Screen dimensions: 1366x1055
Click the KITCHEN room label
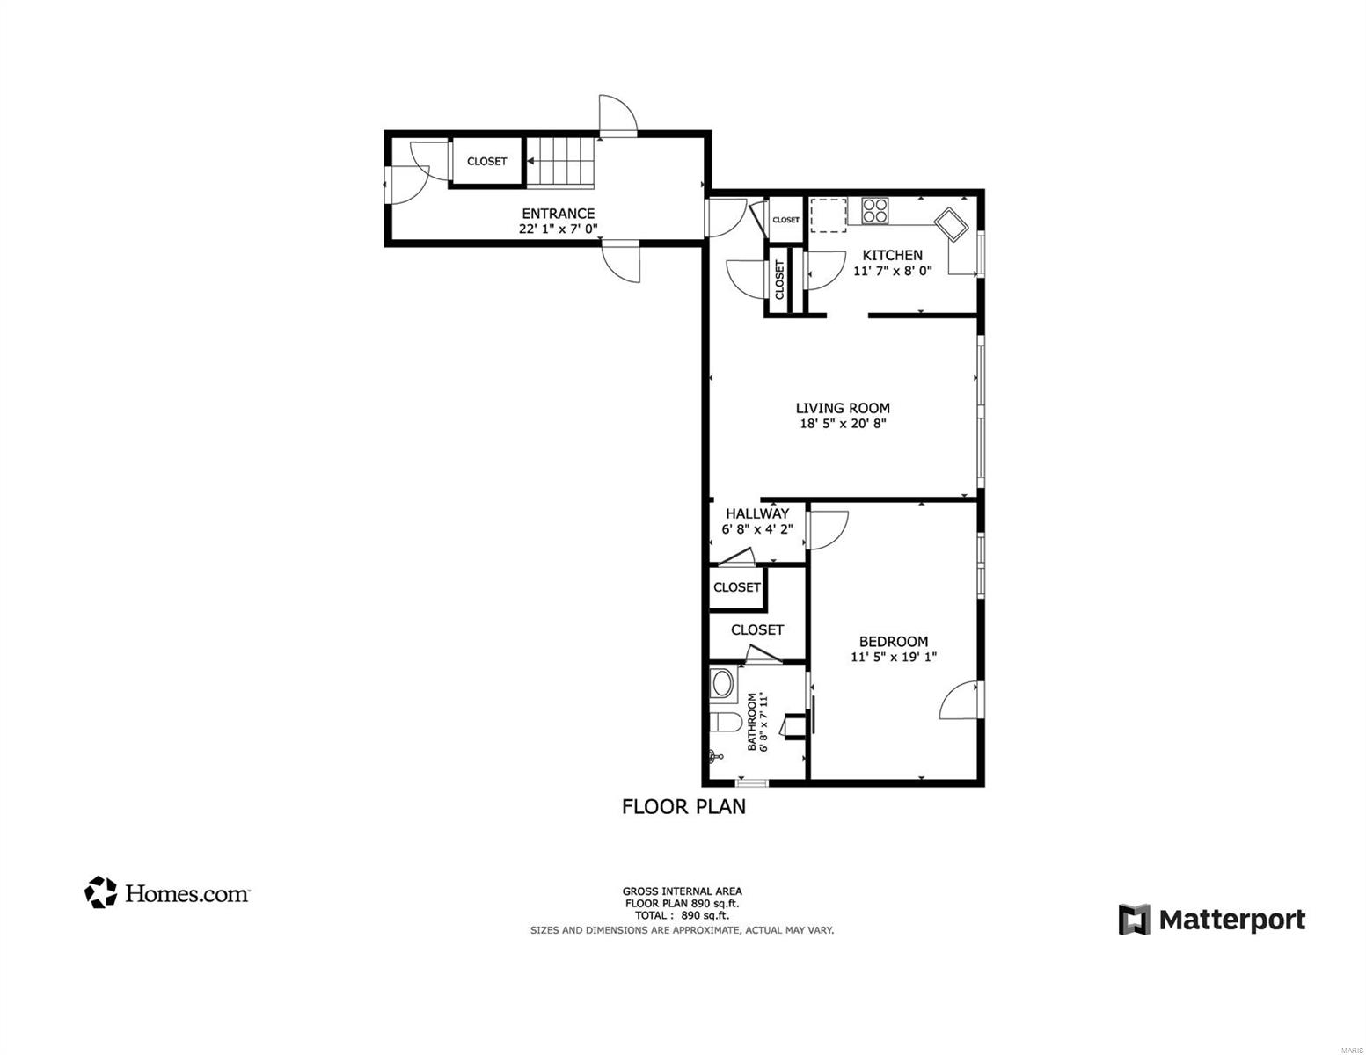pos(892,255)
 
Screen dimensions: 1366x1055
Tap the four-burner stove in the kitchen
pos(874,210)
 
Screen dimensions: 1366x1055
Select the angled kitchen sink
pos(951,224)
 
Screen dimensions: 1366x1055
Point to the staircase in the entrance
pos(559,162)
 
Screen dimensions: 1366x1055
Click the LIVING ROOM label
pos(843,408)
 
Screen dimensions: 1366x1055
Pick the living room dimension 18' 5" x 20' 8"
pos(843,424)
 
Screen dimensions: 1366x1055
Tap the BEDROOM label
pos(894,642)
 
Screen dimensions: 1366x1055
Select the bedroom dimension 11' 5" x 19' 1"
pos(894,658)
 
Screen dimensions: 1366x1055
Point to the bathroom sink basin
pos(723,684)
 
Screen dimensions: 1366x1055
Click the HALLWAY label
pos(756,513)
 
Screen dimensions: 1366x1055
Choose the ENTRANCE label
pos(558,214)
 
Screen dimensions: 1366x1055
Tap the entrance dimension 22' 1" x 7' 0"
pos(558,229)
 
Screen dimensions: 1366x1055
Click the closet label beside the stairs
pos(486,162)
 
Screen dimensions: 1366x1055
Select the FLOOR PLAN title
pos(683,807)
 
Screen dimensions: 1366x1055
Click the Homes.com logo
pos(166,892)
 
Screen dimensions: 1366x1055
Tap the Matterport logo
pos(1211,920)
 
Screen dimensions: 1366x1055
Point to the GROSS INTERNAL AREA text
pos(682,891)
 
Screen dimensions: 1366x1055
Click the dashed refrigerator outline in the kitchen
pos(828,215)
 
